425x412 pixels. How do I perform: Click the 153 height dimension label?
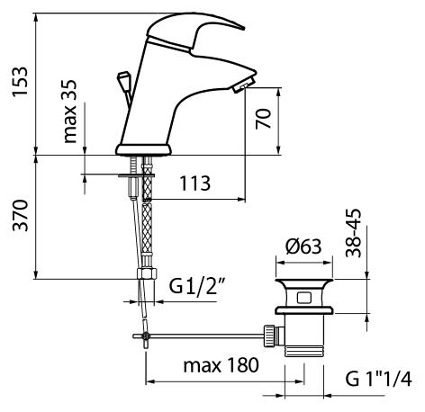(20, 82)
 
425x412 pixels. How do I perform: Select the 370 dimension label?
(21, 215)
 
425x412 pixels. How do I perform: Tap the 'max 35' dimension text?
(70, 112)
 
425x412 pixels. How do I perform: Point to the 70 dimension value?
(263, 119)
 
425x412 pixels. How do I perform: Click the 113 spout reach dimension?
(194, 184)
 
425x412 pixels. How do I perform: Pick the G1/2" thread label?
(197, 286)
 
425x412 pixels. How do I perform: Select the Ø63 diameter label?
(303, 246)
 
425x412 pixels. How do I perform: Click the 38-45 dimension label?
(353, 233)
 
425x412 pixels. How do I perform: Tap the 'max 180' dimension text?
(221, 365)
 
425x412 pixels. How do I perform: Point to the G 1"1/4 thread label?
(378, 379)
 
